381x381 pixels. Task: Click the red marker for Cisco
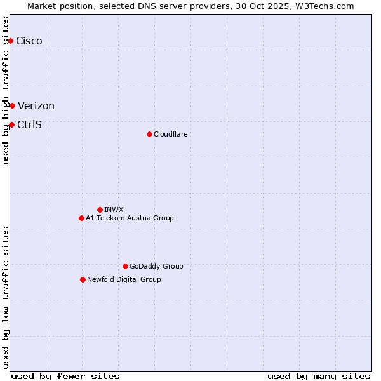click(10, 41)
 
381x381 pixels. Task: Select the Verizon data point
click(12, 105)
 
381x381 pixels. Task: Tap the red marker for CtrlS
click(11, 124)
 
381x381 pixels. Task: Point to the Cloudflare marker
click(149, 134)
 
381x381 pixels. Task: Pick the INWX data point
click(100, 210)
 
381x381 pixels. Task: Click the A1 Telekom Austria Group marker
click(81, 218)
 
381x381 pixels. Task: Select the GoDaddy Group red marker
click(125, 266)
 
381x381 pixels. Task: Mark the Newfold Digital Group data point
click(83, 279)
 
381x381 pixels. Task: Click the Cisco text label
click(29, 41)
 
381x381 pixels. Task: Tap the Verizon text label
click(36, 106)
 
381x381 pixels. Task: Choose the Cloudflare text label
click(170, 134)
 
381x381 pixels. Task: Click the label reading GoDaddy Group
click(156, 266)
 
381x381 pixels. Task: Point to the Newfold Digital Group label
click(124, 279)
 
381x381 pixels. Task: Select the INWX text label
click(114, 210)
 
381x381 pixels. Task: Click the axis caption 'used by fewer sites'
click(65, 376)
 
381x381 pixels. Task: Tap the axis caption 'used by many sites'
click(319, 376)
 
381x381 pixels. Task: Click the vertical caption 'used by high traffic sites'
click(6, 90)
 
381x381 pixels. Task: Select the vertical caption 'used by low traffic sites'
click(6, 297)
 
